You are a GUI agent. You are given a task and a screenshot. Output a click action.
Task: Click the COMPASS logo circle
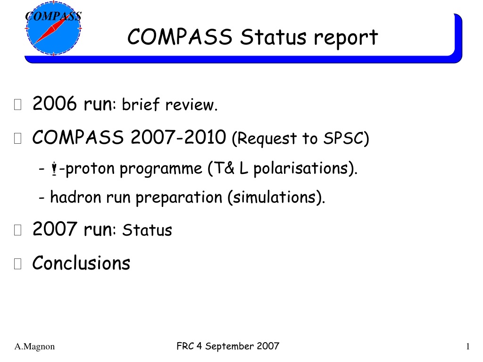(x=53, y=28)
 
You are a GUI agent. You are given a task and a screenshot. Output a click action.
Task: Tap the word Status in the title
(x=273, y=37)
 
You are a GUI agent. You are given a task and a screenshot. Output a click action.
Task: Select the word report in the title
(x=346, y=38)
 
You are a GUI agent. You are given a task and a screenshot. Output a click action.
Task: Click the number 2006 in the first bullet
(x=55, y=103)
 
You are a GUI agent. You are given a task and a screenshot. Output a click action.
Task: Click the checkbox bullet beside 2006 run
(x=17, y=104)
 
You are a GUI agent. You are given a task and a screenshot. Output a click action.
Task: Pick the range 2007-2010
(x=178, y=137)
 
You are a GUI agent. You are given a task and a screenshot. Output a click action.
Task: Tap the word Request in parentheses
(x=264, y=139)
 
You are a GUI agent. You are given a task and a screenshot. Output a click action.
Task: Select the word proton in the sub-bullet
(x=90, y=169)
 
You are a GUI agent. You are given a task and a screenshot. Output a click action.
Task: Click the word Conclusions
(x=81, y=263)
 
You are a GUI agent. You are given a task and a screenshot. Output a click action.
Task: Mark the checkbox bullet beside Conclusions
(x=17, y=264)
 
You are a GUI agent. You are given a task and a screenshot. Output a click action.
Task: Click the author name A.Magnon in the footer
(x=34, y=346)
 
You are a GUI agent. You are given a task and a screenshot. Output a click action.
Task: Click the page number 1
(x=468, y=346)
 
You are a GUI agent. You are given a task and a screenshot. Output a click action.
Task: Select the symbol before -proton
(x=54, y=169)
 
